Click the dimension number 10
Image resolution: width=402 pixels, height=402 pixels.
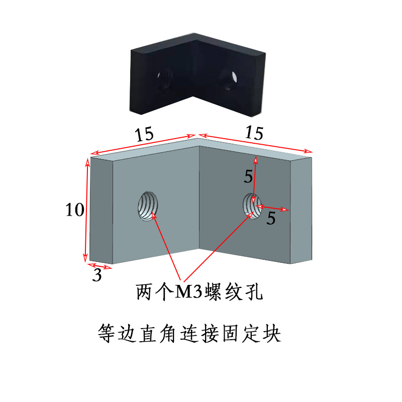74,210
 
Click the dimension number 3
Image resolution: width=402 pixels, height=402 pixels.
97,275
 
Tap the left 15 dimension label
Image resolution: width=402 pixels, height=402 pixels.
144,134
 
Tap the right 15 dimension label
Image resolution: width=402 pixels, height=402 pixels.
254,133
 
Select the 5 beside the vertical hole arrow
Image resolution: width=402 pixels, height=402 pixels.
248,176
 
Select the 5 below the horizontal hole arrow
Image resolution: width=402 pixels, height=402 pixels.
271,219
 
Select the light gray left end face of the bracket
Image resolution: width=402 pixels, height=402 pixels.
101,210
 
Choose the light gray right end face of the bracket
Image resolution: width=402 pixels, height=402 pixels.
301,210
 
